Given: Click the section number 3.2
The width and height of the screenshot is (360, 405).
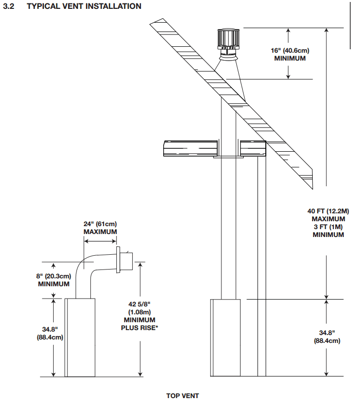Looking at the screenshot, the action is [x=8, y=6].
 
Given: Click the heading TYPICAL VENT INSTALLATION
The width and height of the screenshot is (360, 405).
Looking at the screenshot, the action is [x=84, y=6].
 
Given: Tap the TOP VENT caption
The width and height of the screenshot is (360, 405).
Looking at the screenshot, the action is [x=182, y=396].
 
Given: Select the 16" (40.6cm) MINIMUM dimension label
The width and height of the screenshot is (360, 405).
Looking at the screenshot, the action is [x=290, y=54].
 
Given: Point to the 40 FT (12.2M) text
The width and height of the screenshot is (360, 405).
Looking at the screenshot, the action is [x=328, y=211].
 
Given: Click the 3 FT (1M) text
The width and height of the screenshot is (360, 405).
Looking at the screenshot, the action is [x=328, y=227].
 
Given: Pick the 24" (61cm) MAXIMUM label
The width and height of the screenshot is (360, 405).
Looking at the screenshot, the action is [x=100, y=228].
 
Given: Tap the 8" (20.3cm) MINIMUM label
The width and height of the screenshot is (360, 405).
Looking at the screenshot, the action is [x=54, y=280].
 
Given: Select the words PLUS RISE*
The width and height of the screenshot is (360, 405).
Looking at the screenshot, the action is [x=140, y=328].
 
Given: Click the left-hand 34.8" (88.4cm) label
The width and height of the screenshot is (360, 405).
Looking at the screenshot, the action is [x=50, y=333].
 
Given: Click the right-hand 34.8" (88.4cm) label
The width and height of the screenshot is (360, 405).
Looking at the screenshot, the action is [x=327, y=337].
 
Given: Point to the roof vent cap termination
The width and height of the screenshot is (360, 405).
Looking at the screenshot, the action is [x=228, y=44].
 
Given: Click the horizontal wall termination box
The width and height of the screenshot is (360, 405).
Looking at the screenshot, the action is [x=126, y=261].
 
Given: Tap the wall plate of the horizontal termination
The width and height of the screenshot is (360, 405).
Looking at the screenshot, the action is [x=118, y=260].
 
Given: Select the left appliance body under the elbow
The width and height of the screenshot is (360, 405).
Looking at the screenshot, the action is [x=80, y=337].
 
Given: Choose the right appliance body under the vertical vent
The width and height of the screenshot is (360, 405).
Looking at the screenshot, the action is [x=225, y=337].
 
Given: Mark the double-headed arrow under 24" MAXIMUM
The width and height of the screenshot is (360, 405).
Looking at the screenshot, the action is [x=100, y=241].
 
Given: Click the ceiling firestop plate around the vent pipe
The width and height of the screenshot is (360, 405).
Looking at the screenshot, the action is [x=228, y=157].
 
